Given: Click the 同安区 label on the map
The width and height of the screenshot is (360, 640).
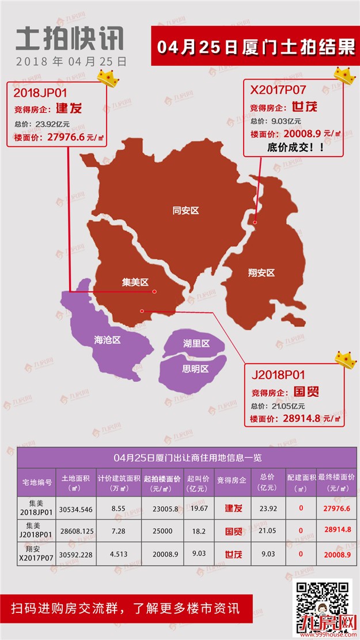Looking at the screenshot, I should point(185,211).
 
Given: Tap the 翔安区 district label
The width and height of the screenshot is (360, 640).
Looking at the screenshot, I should point(261,272).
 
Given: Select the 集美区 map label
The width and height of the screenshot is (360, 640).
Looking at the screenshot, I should point(135,282).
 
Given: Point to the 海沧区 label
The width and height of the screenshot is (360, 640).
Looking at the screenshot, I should point(108,340).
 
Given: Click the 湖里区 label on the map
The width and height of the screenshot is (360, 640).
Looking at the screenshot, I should point(196,343).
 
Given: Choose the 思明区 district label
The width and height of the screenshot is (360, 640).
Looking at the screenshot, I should point(195,369).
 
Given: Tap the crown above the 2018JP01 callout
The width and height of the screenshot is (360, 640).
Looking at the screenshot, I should point(108,78).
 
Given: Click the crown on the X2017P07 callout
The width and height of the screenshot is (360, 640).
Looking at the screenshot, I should point(344,75).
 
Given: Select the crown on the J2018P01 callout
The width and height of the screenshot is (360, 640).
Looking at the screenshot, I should point(346,359).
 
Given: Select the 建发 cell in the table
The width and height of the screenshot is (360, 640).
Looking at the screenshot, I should point(234,509).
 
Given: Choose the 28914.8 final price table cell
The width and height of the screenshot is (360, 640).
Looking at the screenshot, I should point(338,531).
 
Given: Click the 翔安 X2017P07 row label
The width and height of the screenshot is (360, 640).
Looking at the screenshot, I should point(36,554).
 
